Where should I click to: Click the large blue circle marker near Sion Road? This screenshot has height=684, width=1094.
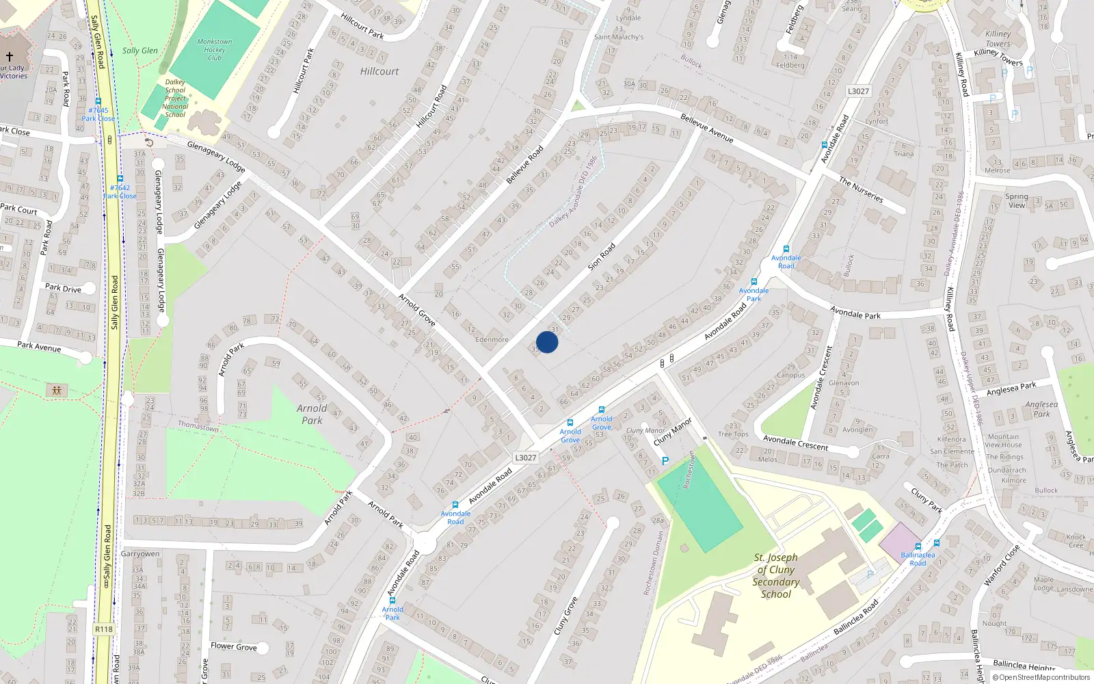click(x=547, y=342)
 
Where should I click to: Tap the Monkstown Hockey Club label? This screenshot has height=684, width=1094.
click(x=215, y=50)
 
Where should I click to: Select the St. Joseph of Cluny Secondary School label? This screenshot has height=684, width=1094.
click(x=776, y=576)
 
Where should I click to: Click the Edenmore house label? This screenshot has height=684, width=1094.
click(x=492, y=339)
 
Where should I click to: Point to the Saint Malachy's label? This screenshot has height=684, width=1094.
click(x=619, y=37)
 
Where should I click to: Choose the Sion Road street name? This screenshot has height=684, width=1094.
click(x=602, y=255)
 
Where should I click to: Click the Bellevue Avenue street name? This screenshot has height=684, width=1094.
click(x=706, y=129)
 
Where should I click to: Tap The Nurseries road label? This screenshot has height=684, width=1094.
click(x=861, y=189)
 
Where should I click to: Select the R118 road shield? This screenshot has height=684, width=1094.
click(x=104, y=629)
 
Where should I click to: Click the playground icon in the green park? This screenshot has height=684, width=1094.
click(x=57, y=391)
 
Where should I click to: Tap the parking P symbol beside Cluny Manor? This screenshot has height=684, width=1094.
click(x=665, y=461)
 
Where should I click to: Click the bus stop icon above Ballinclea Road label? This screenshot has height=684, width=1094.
click(x=937, y=544)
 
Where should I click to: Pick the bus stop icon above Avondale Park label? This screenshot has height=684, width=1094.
click(x=754, y=282)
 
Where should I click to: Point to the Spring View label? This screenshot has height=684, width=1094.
click(x=1017, y=201)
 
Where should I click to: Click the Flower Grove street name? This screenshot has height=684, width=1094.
click(x=234, y=646)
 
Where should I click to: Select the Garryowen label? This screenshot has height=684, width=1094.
click(x=140, y=554)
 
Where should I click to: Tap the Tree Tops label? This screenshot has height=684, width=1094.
click(x=733, y=434)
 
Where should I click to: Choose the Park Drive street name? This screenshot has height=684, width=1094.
click(x=63, y=288)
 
